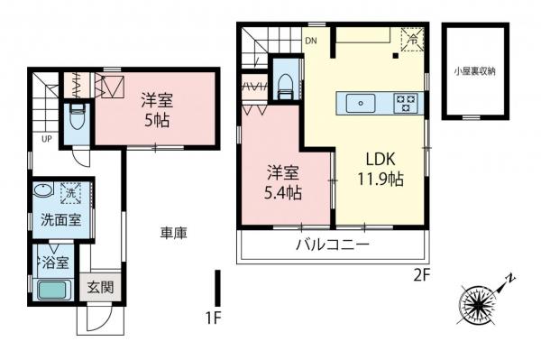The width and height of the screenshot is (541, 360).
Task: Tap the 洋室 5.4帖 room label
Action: click(x=283, y=182)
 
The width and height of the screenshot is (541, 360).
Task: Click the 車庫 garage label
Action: click(x=174, y=234)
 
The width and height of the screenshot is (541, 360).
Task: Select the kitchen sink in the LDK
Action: click(x=360, y=102)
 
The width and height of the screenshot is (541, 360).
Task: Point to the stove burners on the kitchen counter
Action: click(x=407, y=103)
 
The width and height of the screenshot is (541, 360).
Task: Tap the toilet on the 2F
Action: click(x=285, y=84)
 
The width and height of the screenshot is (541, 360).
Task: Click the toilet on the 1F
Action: click(x=78, y=117)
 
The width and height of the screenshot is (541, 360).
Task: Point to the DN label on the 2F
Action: click(x=311, y=41)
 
